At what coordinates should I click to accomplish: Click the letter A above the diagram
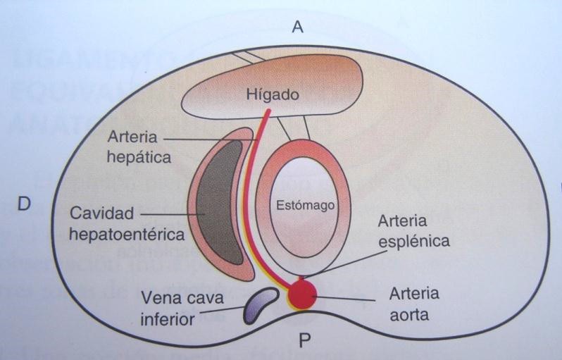[x=298, y=27]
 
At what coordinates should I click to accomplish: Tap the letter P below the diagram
[x=305, y=342]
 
